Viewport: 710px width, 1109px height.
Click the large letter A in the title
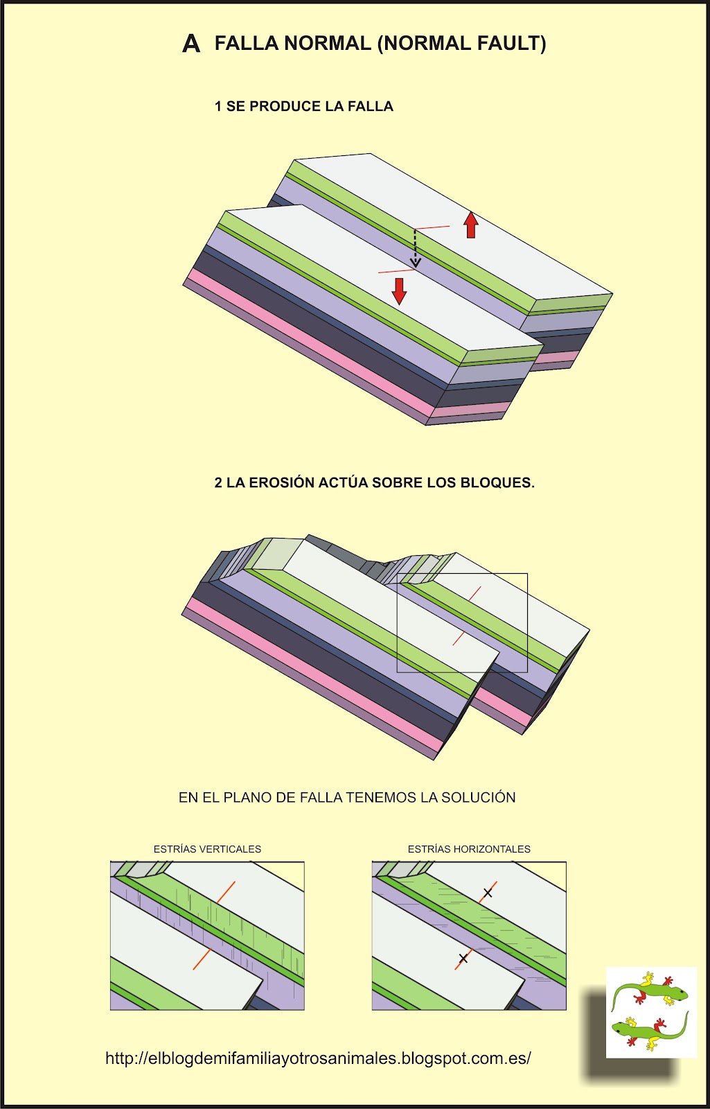click(191, 44)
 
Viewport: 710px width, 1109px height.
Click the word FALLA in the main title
click(245, 44)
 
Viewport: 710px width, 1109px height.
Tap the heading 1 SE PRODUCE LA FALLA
click(303, 106)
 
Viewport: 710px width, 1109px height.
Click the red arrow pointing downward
click(399, 291)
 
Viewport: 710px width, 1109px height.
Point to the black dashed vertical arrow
click(416, 248)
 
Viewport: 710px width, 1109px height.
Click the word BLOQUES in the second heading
click(496, 483)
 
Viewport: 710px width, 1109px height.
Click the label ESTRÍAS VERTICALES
click(207, 849)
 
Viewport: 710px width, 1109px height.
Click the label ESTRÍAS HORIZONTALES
click(469, 849)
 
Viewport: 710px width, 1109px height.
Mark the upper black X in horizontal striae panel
click(488, 893)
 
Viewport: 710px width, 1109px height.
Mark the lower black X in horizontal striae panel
click(463, 959)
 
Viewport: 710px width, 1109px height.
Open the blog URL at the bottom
click(318, 1058)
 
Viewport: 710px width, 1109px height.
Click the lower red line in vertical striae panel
click(202, 959)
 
